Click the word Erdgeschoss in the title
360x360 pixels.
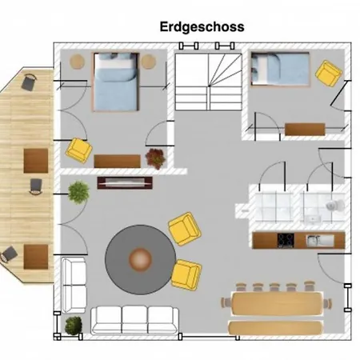point(202,27)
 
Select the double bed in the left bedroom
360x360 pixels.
point(116,82)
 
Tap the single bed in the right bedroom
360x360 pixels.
point(280,69)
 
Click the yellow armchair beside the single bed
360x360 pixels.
point(329,74)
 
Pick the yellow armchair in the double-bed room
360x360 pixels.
point(79,150)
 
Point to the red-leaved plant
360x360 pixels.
point(155,158)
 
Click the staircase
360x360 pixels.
point(208,82)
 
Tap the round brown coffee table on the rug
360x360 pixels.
point(140,259)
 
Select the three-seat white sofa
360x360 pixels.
point(134,320)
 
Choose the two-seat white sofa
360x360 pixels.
point(74,285)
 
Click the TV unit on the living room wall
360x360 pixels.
point(125,182)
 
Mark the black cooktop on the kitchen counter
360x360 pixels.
point(286,240)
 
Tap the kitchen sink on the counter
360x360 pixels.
point(320,240)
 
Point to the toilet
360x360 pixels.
point(335,205)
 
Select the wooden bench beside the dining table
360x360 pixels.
point(275,328)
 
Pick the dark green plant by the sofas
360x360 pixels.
point(74,326)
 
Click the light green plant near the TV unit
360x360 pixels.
point(78,192)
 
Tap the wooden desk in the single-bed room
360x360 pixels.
point(305,130)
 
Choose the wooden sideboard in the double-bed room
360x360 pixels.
point(117,161)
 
